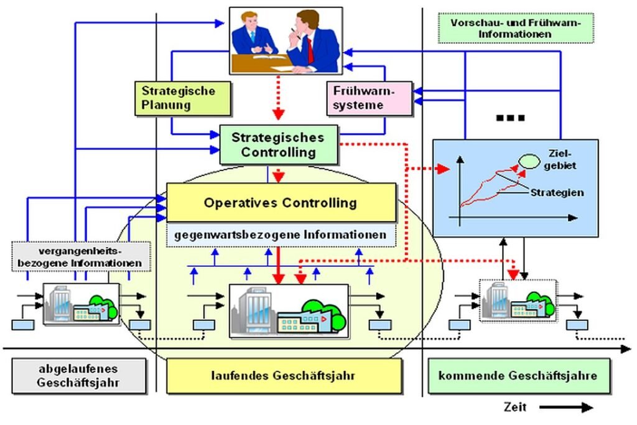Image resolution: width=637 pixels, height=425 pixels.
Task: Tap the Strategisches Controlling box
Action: pos(278,144)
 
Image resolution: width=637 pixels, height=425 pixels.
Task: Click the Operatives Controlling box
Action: pos(281,202)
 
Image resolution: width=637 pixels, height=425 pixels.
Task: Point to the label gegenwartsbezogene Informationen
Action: pos(281,236)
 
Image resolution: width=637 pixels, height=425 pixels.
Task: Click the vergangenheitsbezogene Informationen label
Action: pos(81,256)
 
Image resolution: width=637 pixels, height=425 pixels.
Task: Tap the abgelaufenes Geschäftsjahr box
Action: pos(78,376)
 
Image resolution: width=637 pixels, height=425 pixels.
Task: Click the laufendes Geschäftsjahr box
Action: pos(284,376)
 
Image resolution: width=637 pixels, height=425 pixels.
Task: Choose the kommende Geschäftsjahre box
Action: pos(518,376)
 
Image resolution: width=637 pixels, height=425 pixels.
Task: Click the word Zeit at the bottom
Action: pos(516,408)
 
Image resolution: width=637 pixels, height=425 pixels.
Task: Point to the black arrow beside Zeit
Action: pos(566,408)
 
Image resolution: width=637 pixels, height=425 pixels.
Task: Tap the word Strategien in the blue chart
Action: pos(557,192)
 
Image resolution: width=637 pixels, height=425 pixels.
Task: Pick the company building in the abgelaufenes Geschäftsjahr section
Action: pos(81,304)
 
